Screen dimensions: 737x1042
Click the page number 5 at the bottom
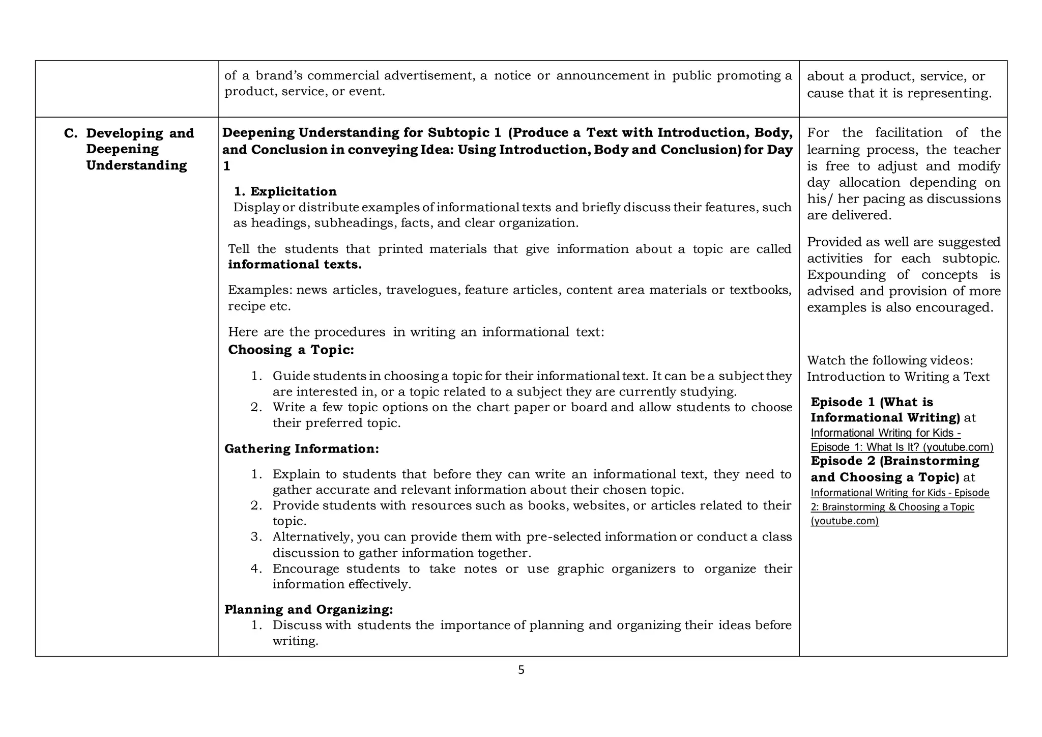[x=520, y=670]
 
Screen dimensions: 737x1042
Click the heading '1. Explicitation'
[x=285, y=191]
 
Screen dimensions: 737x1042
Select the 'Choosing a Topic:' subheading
[x=291, y=350]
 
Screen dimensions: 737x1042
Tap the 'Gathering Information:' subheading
[x=301, y=448]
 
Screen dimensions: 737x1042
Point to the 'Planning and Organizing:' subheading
[x=308, y=609]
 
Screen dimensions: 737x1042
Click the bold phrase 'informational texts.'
[x=295, y=265]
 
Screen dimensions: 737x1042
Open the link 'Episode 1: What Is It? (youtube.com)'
[x=902, y=447]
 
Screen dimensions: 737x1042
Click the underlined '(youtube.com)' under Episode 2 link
[x=845, y=521]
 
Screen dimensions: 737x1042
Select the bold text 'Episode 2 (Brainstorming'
[x=894, y=461]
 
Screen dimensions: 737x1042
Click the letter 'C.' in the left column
[x=70, y=133]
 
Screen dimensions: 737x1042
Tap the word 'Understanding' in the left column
[x=136, y=165]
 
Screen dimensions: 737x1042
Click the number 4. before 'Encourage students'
[x=256, y=569]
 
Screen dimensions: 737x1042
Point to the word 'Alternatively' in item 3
[x=312, y=537]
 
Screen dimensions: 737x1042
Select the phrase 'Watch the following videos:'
[x=889, y=360]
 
